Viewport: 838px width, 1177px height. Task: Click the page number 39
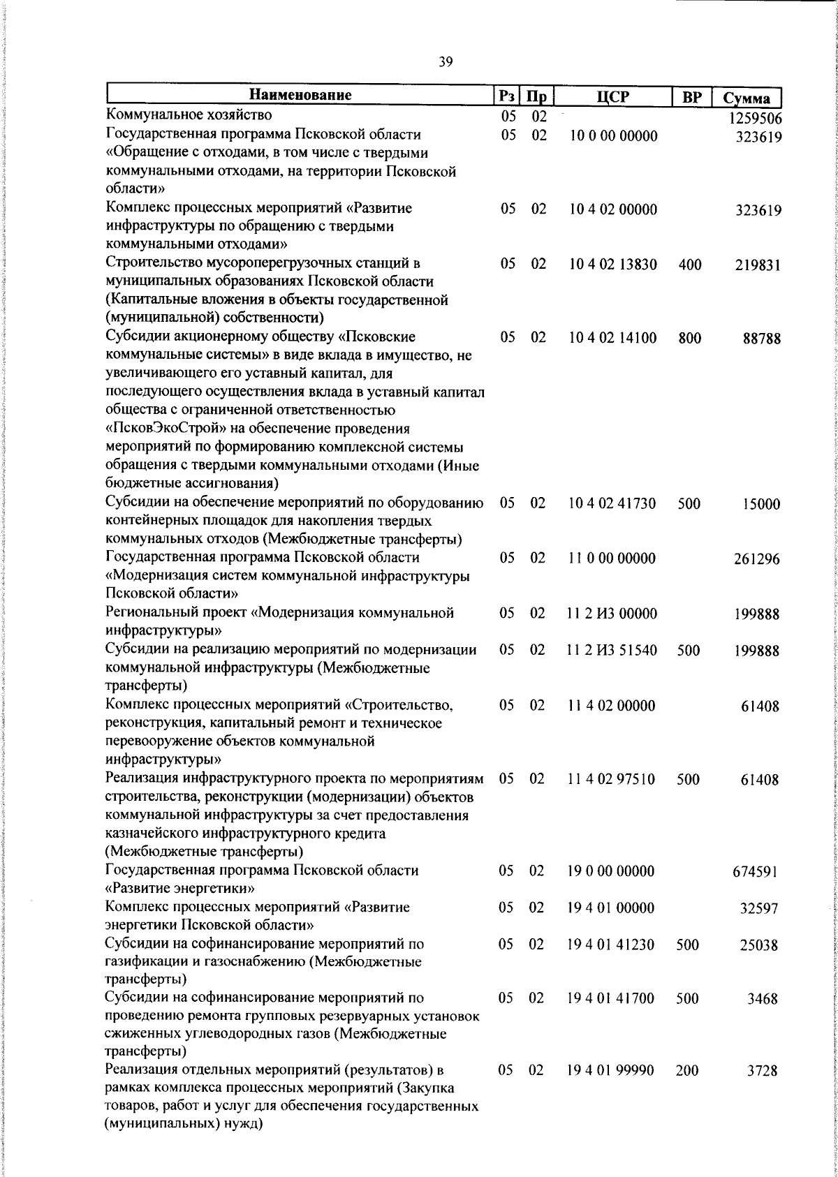(446, 62)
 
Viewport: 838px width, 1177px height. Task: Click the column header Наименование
(300, 95)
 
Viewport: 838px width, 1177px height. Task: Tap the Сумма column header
(747, 97)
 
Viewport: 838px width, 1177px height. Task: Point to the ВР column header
(691, 97)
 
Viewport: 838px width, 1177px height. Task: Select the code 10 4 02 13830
(612, 265)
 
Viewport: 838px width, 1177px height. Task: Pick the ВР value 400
(690, 265)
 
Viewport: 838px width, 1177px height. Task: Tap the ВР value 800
(690, 339)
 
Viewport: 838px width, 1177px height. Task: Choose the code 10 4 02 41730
(612, 503)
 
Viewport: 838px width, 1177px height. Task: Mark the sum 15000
(761, 504)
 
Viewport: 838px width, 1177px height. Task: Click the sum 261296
(757, 559)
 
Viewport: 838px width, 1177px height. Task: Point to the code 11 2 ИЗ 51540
(612, 651)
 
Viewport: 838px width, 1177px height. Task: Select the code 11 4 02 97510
(611, 779)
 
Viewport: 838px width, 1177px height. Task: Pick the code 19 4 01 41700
(611, 999)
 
